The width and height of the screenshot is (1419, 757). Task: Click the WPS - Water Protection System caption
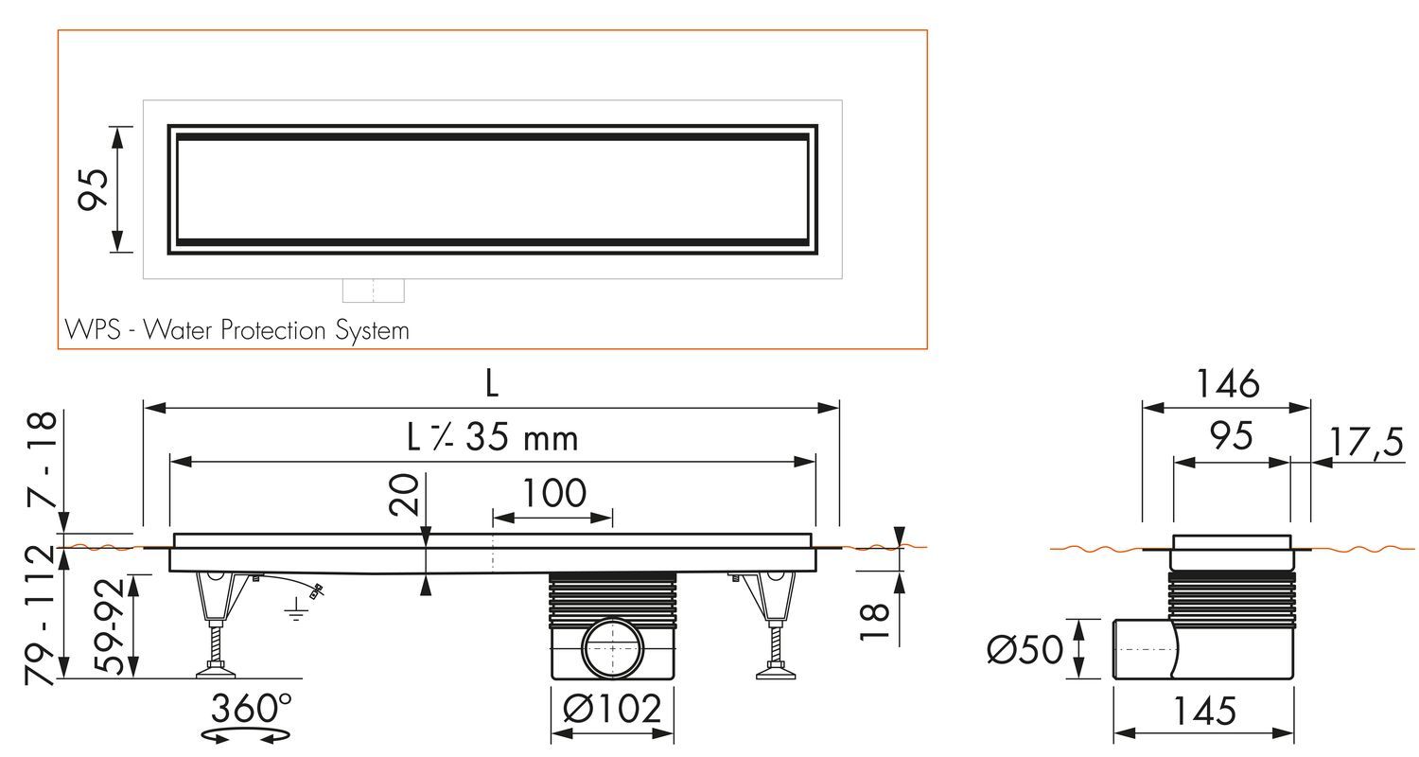click(x=236, y=330)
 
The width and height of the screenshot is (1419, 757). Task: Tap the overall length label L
click(x=491, y=383)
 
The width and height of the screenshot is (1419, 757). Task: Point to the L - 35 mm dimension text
click(x=492, y=438)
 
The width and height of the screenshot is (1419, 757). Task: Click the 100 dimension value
click(x=552, y=493)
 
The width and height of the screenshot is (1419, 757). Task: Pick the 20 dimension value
click(x=405, y=494)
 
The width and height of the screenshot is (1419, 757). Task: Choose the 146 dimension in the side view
click(x=1227, y=383)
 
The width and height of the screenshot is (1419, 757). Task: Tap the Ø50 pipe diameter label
click(x=1025, y=649)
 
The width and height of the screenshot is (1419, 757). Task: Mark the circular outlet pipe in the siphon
click(x=612, y=647)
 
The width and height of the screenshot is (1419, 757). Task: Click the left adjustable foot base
click(x=217, y=673)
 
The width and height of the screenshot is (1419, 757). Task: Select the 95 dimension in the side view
click(x=1231, y=436)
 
